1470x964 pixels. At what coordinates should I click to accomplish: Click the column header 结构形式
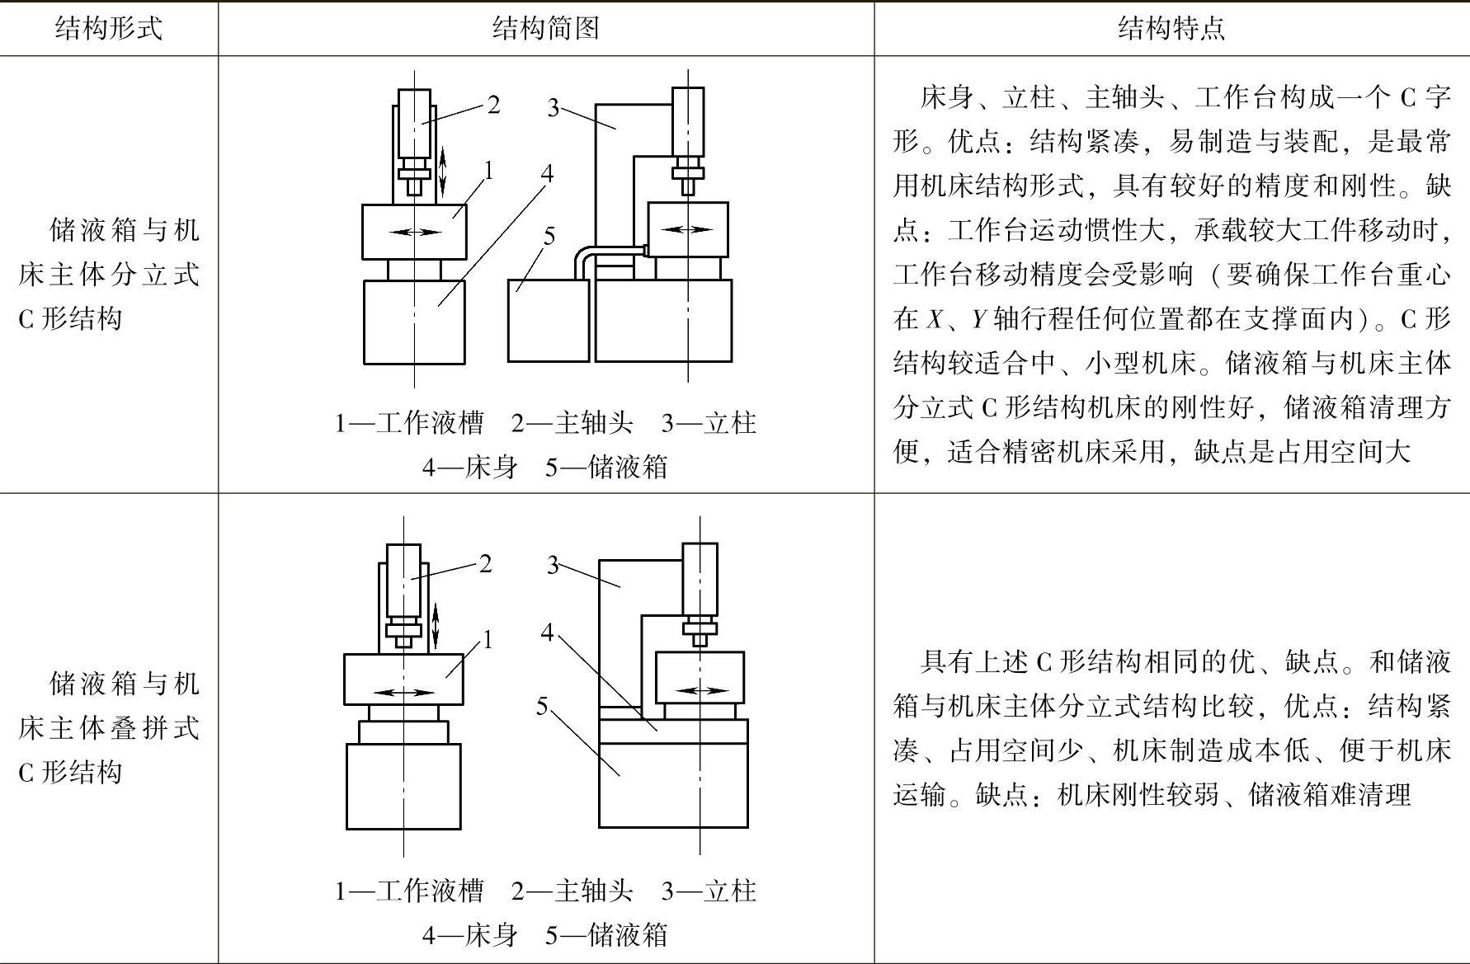[x=108, y=29]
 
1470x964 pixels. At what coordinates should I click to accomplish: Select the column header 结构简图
[x=545, y=29]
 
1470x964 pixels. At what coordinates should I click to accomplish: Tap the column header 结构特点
[x=1171, y=29]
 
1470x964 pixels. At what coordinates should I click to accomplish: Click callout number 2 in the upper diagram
[x=493, y=105]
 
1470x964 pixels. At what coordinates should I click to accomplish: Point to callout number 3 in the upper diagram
[x=554, y=107]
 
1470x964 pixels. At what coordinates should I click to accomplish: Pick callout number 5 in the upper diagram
[x=549, y=236]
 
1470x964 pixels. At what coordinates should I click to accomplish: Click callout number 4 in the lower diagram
[x=548, y=632]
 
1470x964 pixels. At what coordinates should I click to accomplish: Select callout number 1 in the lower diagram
[x=488, y=639]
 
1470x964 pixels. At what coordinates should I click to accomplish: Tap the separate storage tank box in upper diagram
[x=548, y=321]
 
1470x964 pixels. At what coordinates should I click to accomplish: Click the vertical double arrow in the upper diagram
[x=443, y=171]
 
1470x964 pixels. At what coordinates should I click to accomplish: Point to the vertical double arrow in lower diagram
[x=436, y=625]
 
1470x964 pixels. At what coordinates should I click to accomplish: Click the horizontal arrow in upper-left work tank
[x=415, y=233]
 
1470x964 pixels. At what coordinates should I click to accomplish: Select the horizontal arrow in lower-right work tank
[x=702, y=690]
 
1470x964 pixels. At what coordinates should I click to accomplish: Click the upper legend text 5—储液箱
[x=606, y=468]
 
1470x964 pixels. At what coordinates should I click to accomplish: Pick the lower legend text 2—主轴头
[x=572, y=891]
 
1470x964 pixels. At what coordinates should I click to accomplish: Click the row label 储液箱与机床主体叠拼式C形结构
[x=108, y=727]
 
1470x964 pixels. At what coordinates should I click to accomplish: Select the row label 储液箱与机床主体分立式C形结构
[x=108, y=274]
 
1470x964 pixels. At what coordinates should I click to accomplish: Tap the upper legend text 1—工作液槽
[x=408, y=424]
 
